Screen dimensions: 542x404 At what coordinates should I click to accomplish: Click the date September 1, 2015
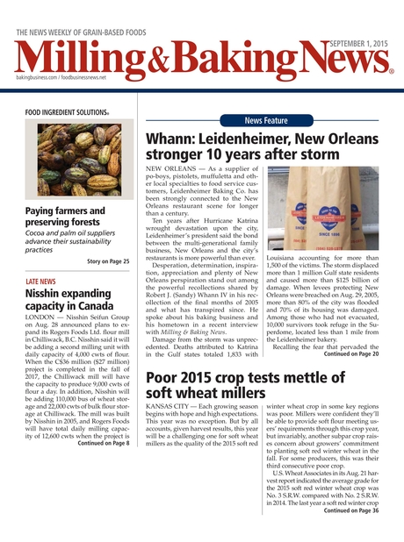(x=357, y=43)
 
